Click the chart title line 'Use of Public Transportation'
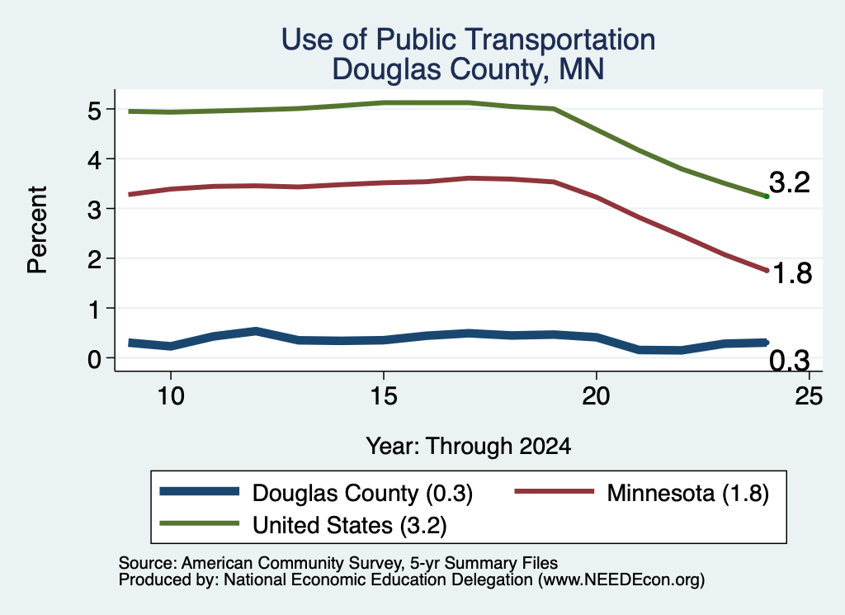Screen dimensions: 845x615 click(x=468, y=40)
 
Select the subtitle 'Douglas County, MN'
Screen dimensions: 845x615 click(x=468, y=69)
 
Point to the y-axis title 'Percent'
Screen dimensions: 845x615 click(x=37, y=230)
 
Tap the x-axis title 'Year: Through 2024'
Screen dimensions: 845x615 click(x=469, y=447)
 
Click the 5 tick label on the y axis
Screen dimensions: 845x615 click(x=94, y=111)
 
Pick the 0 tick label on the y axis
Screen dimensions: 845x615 click(x=94, y=359)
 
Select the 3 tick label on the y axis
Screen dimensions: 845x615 click(x=94, y=211)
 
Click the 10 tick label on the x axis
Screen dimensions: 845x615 click(x=171, y=396)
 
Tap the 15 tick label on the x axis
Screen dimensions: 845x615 click(x=384, y=396)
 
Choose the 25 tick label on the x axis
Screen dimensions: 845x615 click(x=809, y=396)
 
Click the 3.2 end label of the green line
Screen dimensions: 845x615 click(x=790, y=182)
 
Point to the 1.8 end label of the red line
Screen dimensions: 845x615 click(x=792, y=273)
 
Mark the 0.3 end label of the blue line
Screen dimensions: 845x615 click(x=790, y=360)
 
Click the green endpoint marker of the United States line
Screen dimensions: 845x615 click(x=767, y=196)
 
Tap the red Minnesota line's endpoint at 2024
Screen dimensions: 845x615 click(x=767, y=270)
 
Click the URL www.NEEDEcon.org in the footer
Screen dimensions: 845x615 click(x=621, y=580)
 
